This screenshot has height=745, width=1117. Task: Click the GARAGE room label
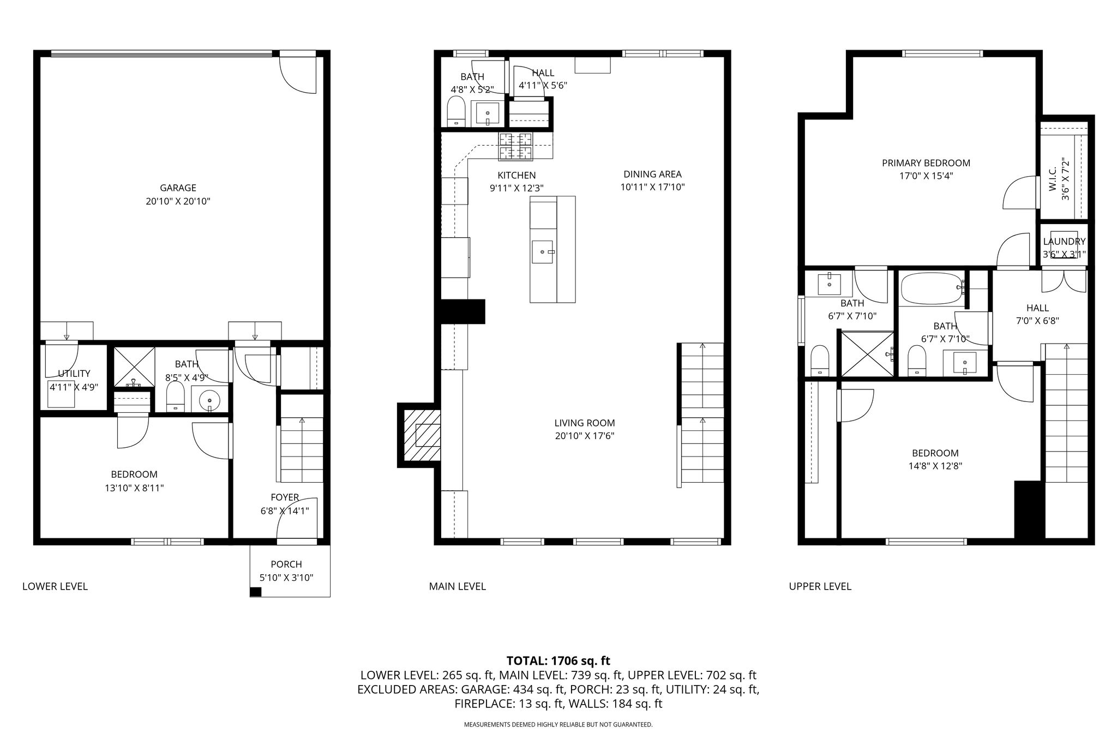click(178, 188)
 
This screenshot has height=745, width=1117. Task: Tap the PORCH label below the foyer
click(286, 564)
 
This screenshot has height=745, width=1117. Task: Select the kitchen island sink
click(543, 252)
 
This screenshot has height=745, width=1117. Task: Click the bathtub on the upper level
click(932, 289)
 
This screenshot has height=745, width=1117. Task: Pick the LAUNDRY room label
click(1064, 242)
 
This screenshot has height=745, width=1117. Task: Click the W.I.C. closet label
click(1053, 179)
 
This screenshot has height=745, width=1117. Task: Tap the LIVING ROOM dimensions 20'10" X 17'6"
click(585, 436)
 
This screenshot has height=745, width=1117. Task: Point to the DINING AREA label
click(653, 175)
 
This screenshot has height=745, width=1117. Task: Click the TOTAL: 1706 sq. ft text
click(558, 661)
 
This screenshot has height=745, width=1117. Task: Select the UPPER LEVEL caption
click(820, 586)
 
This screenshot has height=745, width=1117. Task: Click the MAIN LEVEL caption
click(458, 586)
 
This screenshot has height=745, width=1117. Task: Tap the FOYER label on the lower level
click(285, 497)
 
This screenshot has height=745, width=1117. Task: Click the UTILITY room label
click(74, 374)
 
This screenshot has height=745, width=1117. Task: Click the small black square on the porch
click(255, 592)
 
